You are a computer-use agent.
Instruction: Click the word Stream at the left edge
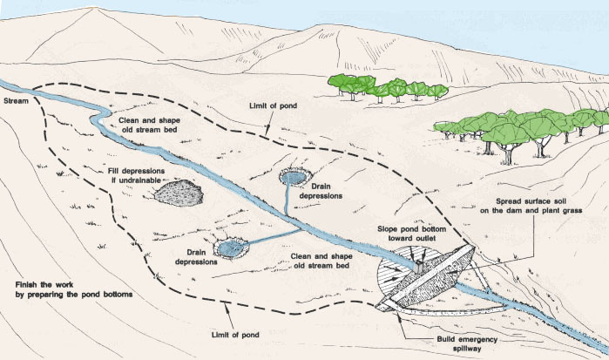[x=16, y=102]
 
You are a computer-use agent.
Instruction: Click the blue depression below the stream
[x=230, y=249]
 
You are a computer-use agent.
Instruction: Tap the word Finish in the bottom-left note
[x=29, y=285]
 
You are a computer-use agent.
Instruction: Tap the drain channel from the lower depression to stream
[x=272, y=236]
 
